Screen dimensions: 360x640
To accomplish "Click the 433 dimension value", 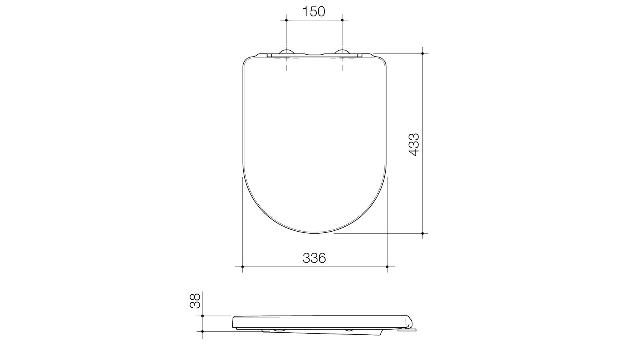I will click(x=414, y=144).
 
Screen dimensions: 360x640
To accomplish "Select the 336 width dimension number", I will click(x=314, y=258).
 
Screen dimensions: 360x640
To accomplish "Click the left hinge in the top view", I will click(x=287, y=52).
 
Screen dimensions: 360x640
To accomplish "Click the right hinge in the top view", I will click(x=342, y=52).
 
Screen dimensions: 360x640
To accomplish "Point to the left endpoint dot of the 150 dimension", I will click(x=286, y=20).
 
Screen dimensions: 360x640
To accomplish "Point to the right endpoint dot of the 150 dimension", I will click(x=342, y=20).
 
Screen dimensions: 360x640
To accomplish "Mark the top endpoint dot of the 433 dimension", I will click(x=423, y=53).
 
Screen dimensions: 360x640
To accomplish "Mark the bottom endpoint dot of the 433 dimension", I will click(x=423, y=233).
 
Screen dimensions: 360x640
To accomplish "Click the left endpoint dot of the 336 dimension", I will click(x=242, y=266).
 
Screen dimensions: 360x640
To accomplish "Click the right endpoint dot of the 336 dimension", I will click(x=387, y=266).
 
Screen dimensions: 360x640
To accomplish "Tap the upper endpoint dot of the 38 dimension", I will click(x=202, y=316).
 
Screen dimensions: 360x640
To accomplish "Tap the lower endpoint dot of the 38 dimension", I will click(x=202, y=331).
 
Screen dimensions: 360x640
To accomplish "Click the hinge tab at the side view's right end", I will click(x=409, y=329).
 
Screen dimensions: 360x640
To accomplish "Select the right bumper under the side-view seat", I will click(x=349, y=330).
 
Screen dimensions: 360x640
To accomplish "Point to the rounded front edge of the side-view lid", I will click(x=234, y=322).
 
